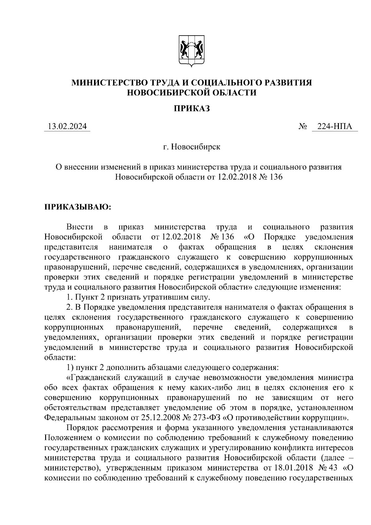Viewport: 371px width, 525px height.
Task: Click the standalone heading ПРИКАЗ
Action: coord(191,108)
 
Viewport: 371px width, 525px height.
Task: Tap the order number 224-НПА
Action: coord(335,127)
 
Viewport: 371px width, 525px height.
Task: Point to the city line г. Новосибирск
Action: coord(192,147)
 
